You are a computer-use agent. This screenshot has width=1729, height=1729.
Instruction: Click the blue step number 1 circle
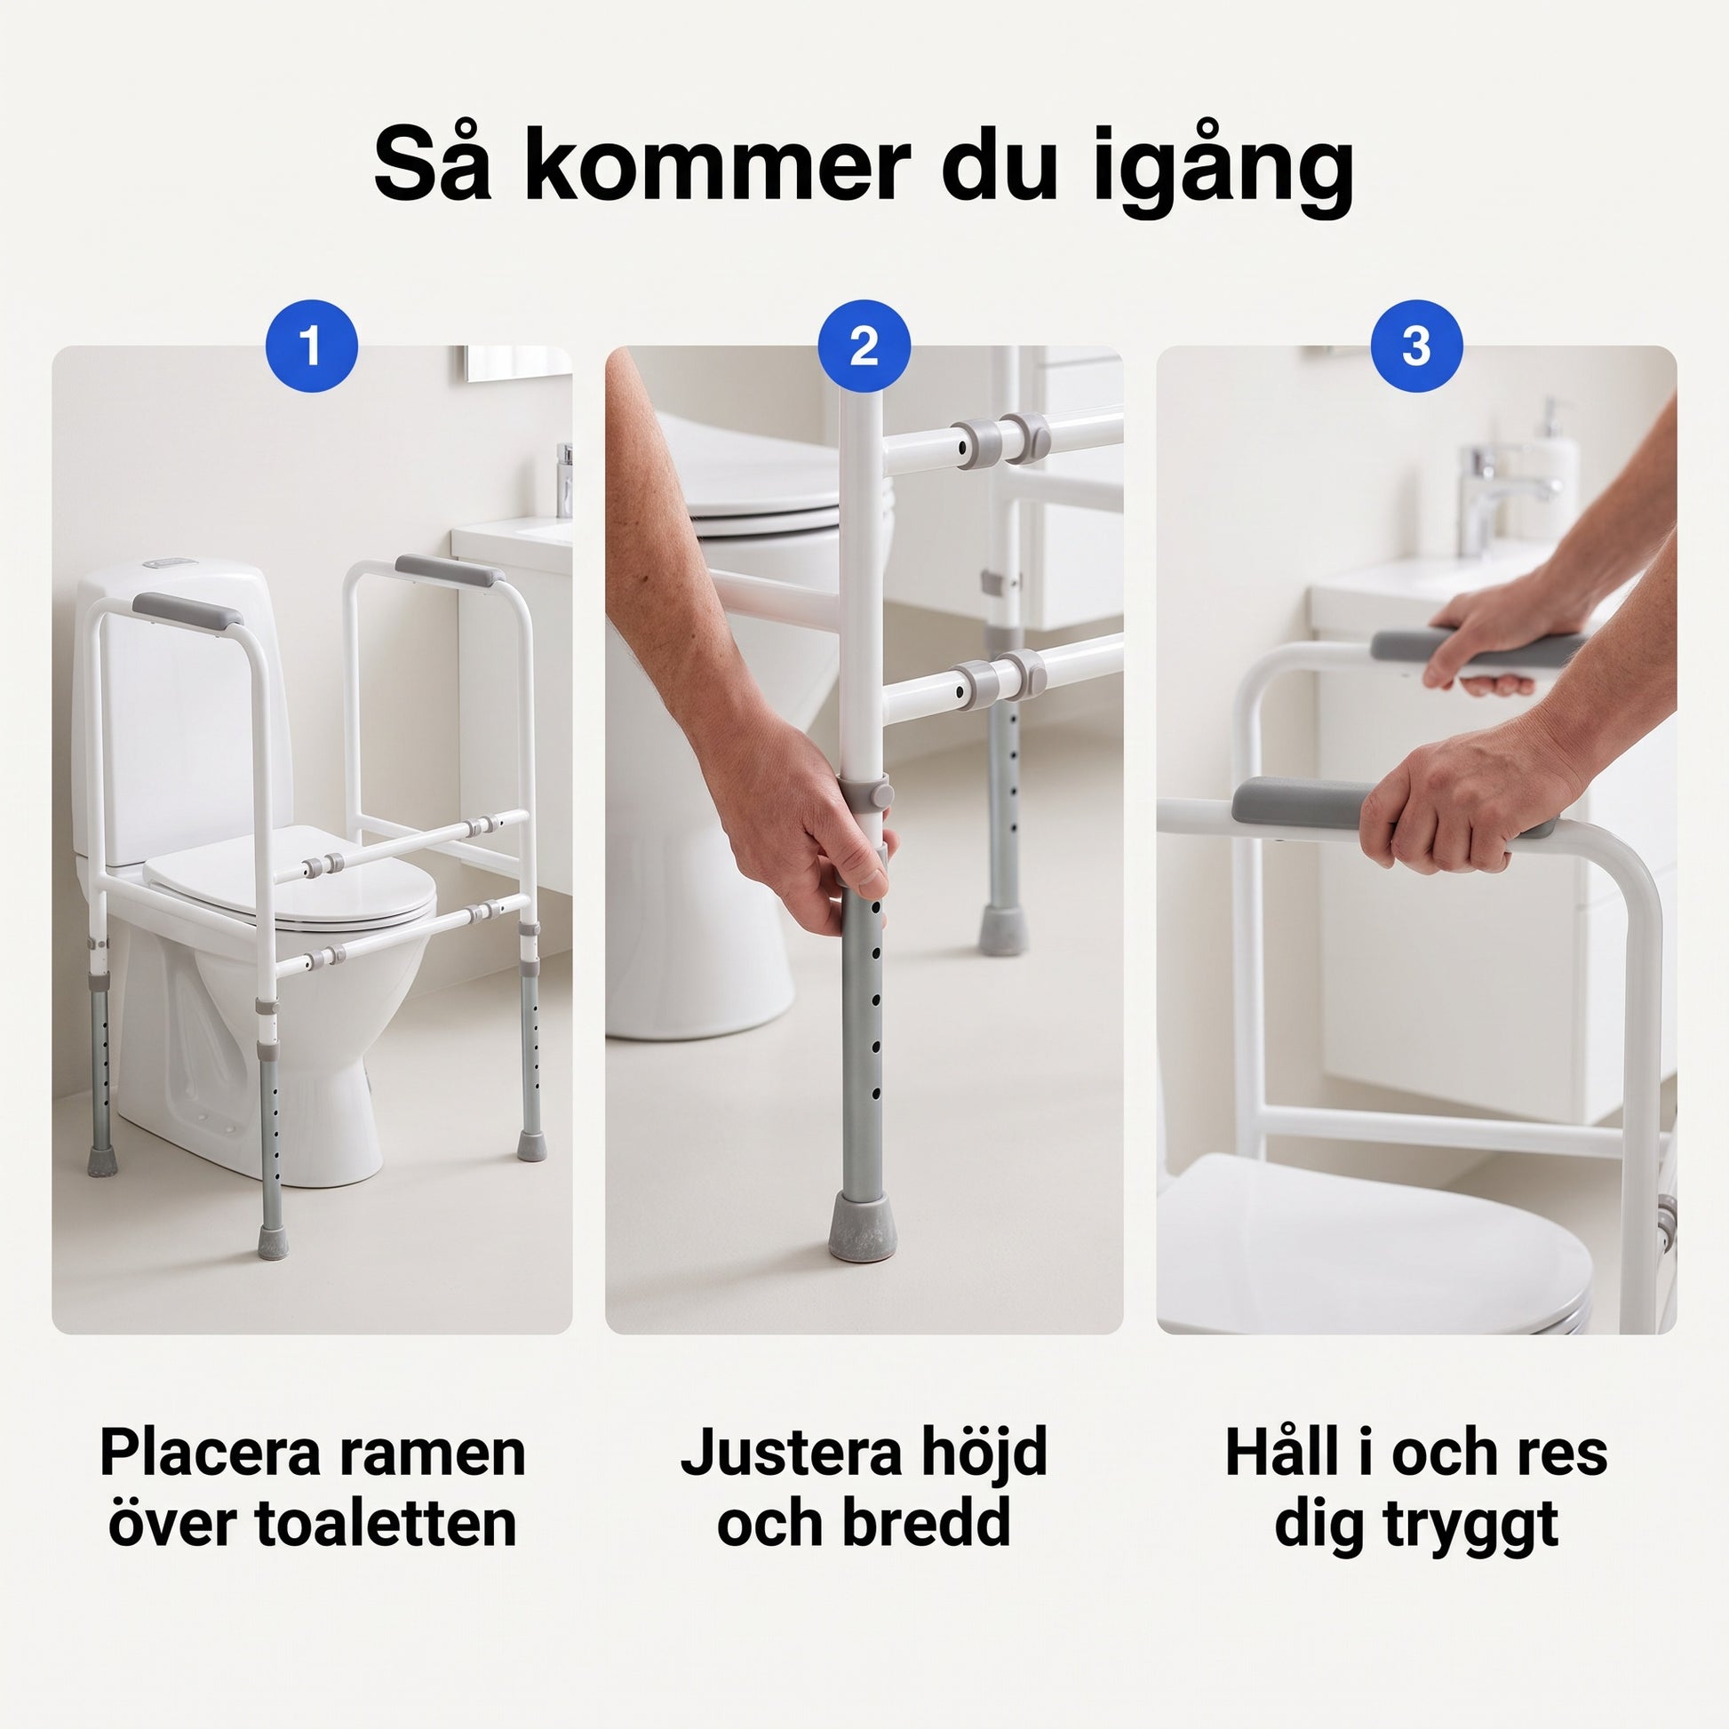click(312, 346)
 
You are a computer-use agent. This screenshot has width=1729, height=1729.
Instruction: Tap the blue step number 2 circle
click(864, 346)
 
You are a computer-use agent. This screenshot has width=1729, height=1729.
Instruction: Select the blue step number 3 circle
click(1415, 346)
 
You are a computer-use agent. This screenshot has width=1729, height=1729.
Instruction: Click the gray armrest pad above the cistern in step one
click(187, 610)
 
